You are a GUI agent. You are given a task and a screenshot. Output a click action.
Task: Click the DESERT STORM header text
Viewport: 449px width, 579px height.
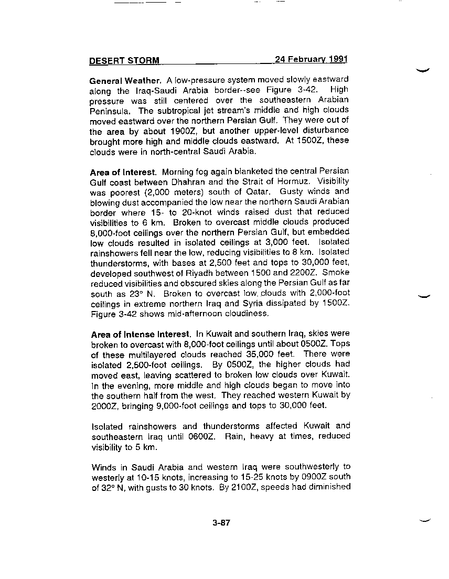pos(124,60)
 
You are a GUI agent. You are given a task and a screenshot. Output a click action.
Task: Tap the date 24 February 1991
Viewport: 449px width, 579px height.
pos(311,59)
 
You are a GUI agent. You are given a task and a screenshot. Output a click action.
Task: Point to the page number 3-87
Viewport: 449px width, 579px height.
pos(222,523)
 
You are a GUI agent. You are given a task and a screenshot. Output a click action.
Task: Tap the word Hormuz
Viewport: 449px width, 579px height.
pos(331,182)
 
